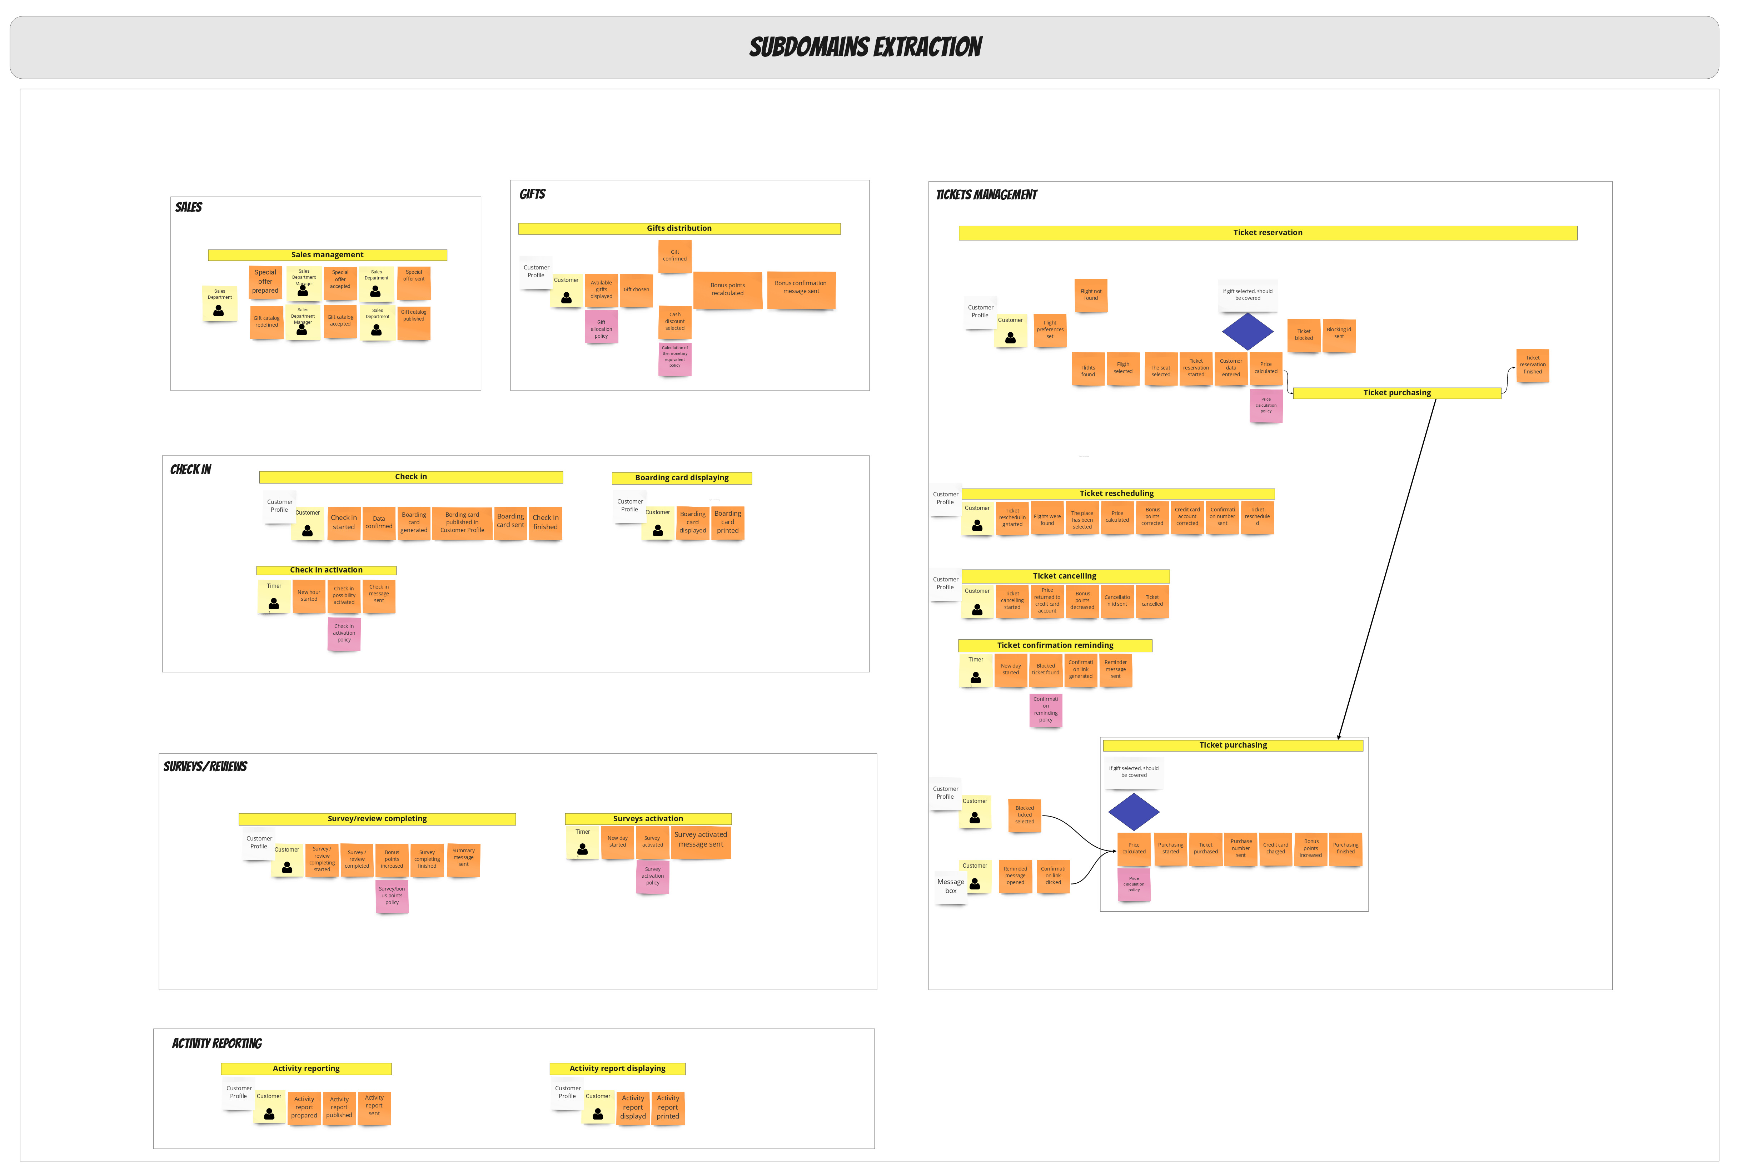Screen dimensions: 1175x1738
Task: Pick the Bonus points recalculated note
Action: click(727, 289)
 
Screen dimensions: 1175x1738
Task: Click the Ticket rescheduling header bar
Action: click(1117, 494)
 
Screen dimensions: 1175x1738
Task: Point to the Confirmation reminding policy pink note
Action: click(1046, 710)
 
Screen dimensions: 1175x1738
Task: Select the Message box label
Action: click(951, 886)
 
